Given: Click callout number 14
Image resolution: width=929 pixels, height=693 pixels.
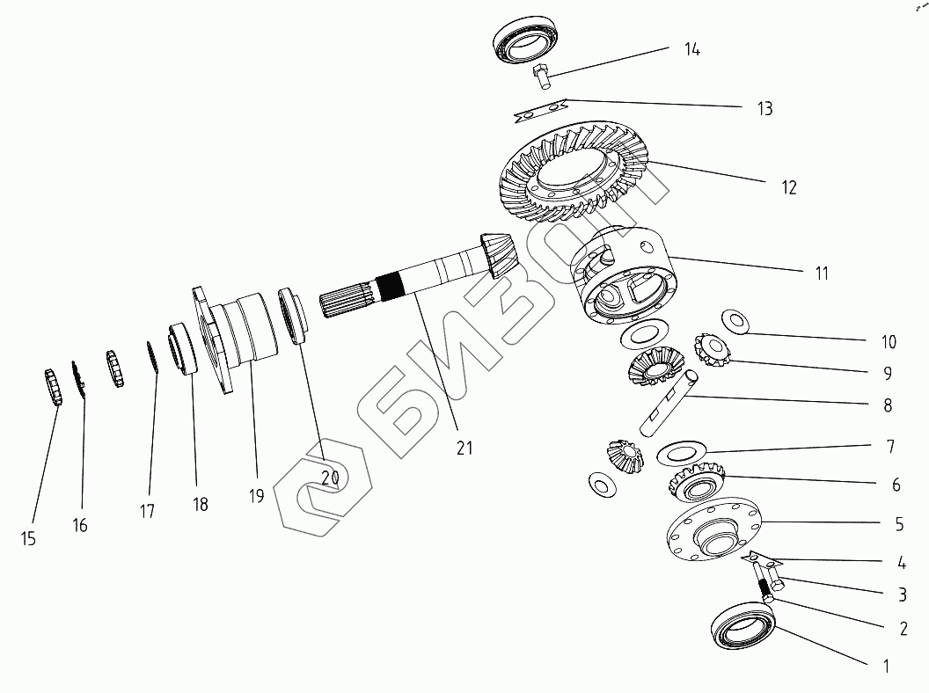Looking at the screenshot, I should tap(691, 49).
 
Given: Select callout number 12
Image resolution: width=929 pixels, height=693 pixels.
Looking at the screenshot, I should tap(787, 187).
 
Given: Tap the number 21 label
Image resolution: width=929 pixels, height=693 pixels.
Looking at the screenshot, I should tap(464, 448).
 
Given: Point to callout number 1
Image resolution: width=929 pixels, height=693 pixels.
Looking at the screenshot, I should tap(886, 666).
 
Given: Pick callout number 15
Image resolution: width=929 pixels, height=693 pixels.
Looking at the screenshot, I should tap(28, 539).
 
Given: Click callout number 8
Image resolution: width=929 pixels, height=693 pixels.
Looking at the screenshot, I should tap(887, 405).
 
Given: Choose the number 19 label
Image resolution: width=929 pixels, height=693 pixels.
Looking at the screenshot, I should tap(256, 496).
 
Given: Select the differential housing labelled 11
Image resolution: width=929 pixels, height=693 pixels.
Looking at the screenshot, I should tap(625, 277).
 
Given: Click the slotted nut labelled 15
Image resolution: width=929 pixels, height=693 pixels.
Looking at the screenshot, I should tap(53, 388).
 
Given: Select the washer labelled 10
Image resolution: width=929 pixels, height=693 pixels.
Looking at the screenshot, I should tap(735, 321).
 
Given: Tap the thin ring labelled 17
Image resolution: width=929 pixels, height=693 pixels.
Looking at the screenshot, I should tap(152, 356).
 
